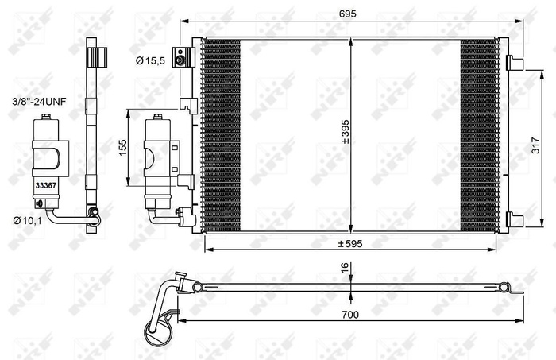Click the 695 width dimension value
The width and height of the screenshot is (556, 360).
coord(348,14)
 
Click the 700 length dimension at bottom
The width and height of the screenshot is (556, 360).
coord(350,315)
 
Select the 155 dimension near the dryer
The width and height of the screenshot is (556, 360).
coord(123,148)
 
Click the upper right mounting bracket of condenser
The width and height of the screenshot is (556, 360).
coord(515,61)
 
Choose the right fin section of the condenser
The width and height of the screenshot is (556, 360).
coord(479,135)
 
